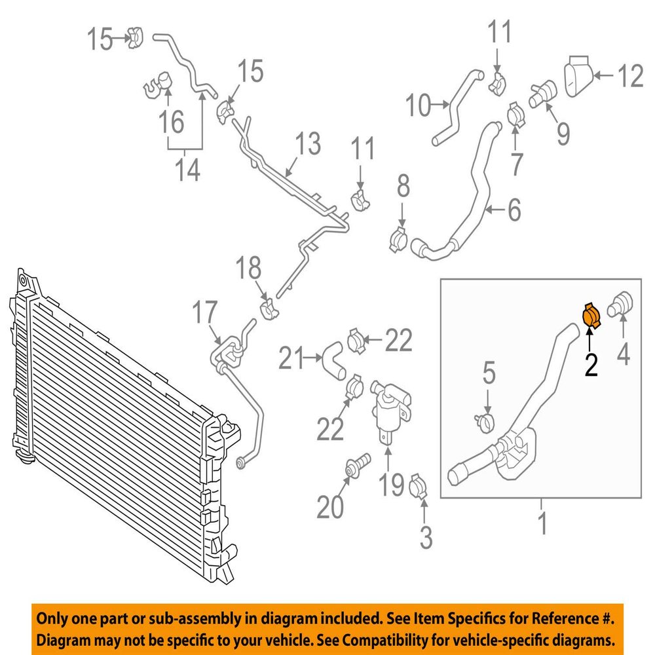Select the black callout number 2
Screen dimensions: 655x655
click(x=591, y=364)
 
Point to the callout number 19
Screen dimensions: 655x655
click(x=392, y=485)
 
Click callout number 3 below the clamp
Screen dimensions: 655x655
click(x=426, y=537)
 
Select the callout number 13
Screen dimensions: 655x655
click(x=308, y=143)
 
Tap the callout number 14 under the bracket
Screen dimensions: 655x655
click(x=187, y=170)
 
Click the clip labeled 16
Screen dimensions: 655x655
click(x=159, y=85)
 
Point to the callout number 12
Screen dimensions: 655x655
click(x=630, y=75)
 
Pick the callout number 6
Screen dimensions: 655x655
click(x=514, y=210)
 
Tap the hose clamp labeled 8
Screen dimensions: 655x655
click(x=398, y=240)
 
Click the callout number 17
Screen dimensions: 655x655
click(x=204, y=312)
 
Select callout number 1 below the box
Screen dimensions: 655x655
click(x=542, y=523)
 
